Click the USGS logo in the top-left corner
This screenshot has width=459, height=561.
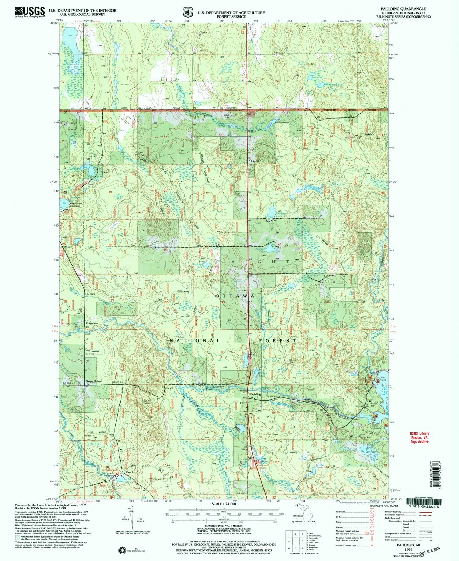(x=30, y=12)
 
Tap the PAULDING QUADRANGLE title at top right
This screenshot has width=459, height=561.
(x=406, y=8)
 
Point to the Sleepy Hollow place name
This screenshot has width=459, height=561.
(x=94, y=381)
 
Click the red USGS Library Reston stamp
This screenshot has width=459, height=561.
(x=419, y=437)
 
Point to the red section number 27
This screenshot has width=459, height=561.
(x=279, y=244)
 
